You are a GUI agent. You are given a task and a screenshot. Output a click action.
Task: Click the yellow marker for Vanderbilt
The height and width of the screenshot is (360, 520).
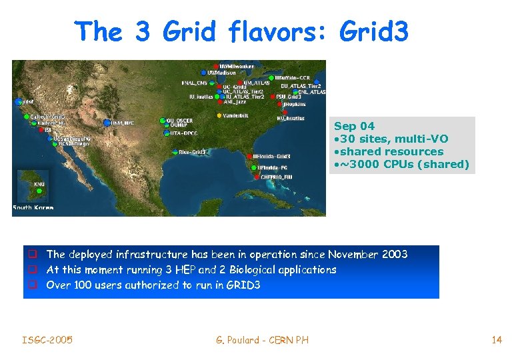(x=219, y=115)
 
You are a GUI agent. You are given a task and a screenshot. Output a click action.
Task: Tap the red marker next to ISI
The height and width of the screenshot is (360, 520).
(x=39, y=130)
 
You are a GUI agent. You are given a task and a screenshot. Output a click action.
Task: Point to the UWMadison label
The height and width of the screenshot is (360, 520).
(x=222, y=72)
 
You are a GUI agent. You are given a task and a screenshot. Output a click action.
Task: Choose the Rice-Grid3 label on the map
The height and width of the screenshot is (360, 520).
(x=193, y=152)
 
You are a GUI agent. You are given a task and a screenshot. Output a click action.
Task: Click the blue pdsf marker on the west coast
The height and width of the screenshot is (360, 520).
(x=18, y=102)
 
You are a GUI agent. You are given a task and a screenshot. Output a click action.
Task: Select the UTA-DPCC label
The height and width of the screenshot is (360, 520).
(x=185, y=133)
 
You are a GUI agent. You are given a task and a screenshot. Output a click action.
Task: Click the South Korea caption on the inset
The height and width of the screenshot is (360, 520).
(x=33, y=208)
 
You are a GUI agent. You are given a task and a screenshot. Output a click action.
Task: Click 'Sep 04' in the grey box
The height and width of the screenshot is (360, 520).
(x=354, y=126)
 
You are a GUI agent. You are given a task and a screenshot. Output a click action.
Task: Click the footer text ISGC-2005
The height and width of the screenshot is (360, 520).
(x=47, y=340)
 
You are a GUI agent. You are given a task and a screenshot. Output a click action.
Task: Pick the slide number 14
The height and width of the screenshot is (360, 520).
(x=496, y=340)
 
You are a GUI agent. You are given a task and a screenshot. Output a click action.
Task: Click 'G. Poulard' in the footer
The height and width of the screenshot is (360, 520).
(x=239, y=340)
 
